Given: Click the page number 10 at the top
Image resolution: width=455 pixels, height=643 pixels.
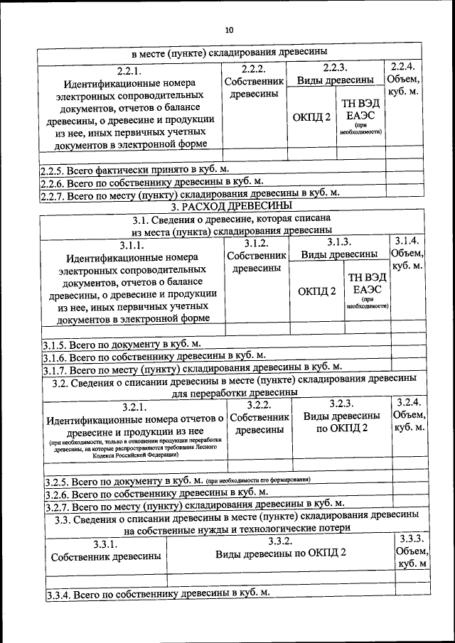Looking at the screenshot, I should click(x=227, y=30).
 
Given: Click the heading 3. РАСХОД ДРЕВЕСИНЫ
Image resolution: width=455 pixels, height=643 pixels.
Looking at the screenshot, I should click(x=227, y=206).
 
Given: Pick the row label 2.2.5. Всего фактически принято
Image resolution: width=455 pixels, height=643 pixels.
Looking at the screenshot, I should click(x=135, y=171).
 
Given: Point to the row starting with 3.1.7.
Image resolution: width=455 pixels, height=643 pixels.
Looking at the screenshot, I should click(x=192, y=368).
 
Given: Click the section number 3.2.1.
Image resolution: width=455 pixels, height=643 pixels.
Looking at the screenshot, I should click(x=134, y=407).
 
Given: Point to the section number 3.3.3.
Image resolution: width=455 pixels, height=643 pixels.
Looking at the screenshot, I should click(x=412, y=539).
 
